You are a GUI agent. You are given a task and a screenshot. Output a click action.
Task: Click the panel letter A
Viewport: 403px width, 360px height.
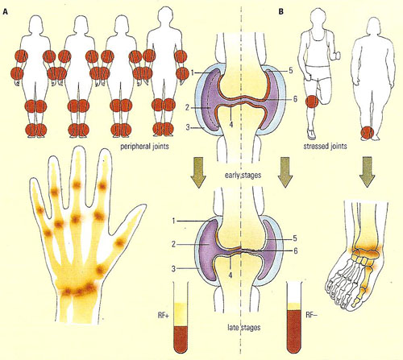pos(5,12)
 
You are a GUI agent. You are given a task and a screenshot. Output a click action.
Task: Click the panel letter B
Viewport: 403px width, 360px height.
pos(281,12)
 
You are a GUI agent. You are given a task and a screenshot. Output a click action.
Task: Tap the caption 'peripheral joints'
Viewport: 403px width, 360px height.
pos(144,147)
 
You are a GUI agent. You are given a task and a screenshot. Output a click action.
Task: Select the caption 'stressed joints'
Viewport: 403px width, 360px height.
pos(325,146)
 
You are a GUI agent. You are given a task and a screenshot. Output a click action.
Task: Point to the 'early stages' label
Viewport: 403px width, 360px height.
pos(243,175)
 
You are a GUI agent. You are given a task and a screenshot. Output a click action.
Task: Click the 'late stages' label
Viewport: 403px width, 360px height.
pos(244,328)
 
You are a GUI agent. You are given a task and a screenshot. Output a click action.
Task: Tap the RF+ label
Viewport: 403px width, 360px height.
pos(163,315)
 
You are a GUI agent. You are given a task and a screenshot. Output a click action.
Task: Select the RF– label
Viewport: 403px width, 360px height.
pos(312,315)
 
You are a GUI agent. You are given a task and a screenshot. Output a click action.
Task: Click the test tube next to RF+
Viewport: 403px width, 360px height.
pos(181,317)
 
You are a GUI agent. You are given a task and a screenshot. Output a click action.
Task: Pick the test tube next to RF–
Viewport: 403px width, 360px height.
pos(294,317)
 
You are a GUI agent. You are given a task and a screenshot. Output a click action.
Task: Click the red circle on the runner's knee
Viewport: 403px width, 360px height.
pos(312,102)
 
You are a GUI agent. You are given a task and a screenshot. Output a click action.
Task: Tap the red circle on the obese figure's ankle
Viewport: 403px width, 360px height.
pos(367,134)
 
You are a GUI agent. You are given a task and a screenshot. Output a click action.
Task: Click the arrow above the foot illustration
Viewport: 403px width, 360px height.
pos(367,172)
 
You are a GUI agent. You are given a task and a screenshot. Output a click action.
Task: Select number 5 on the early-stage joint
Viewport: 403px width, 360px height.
pos(291,70)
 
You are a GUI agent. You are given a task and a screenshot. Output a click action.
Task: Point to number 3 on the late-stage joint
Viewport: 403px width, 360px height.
pos(173,268)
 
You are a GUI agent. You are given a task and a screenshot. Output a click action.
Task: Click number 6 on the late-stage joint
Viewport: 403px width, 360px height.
pos(296,250)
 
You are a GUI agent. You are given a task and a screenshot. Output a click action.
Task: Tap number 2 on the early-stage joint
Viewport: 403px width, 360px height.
pos(187,108)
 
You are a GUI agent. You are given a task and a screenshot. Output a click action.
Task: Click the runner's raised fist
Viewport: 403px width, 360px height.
pos(336,56)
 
